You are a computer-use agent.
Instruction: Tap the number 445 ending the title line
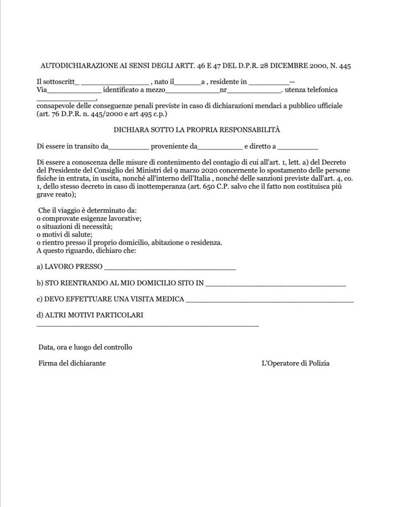(x=344, y=66)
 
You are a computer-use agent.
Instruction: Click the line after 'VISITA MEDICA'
(x=270, y=301)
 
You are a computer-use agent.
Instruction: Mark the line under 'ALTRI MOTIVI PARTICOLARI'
(x=148, y=326)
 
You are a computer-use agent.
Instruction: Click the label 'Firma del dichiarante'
(x=72, y=363)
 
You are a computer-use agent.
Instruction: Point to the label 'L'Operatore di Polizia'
(x=296, y=363)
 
